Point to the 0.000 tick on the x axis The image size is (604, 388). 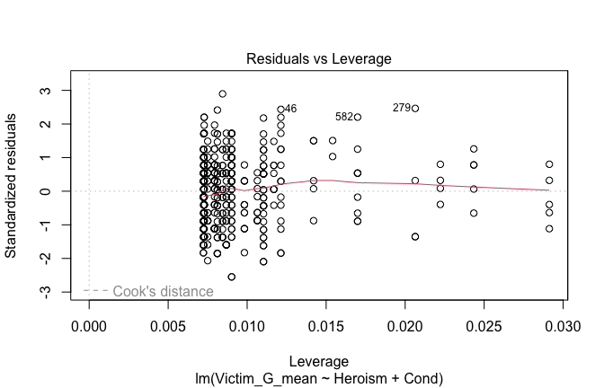(89, 331)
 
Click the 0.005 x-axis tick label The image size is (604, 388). (168, 331)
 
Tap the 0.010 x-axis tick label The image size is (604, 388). (247, 331)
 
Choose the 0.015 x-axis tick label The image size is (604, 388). (326, 331)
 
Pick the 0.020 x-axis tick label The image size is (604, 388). (405, 331)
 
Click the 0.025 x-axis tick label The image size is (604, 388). (484, 331)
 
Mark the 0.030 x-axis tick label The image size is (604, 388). (564, 331)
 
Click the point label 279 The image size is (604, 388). (401, 108)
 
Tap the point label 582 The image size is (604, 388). (344, 117)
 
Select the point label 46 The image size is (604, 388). (290, 109)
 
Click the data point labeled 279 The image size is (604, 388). (415, 108)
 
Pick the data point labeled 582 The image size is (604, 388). (358, 117)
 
